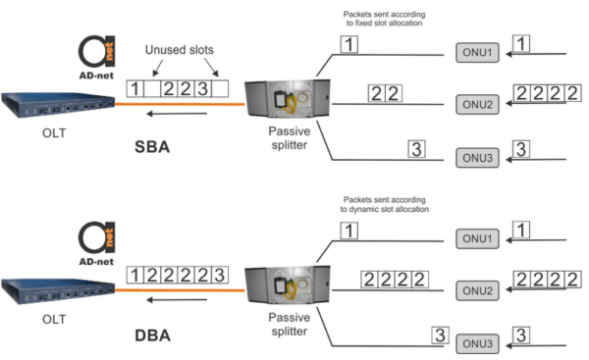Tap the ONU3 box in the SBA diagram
click(477, 155)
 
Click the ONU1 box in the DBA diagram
click(477, 237)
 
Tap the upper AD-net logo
click(96, 55)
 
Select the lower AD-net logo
click(96, 240)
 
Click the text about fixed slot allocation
click(383, 19)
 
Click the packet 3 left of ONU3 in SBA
click(417, 149)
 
